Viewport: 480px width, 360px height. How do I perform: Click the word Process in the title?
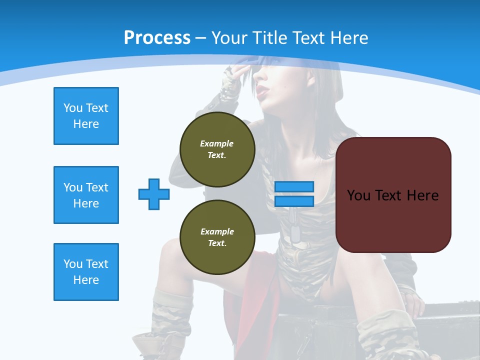point(157,37)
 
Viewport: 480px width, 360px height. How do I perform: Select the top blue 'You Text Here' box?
point(86,116)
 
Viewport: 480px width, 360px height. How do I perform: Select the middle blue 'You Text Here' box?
point(86,195)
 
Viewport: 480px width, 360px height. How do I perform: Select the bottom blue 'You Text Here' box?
point(86,272)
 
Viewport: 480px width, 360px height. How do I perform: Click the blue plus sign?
point(154,194)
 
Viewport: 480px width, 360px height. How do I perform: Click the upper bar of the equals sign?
point(294,186)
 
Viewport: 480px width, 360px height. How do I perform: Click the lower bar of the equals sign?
point(294,201)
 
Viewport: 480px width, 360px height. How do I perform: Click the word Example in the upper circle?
point(216,143)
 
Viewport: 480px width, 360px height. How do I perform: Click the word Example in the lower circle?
point(217,231)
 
